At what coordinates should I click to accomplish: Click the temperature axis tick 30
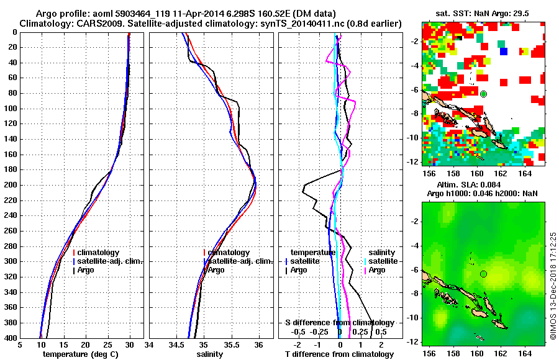(130, 345)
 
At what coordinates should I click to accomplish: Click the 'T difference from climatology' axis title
(339, 354)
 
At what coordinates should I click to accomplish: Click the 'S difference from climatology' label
(339, 323)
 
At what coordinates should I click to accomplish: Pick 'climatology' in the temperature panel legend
(98, 253)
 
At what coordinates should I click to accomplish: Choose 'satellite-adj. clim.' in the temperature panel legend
(109, 261)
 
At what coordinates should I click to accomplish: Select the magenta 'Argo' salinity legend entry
(376, 270)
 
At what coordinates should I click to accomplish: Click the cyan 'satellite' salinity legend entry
(381, 261)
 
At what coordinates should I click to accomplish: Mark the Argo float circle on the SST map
(483, 94)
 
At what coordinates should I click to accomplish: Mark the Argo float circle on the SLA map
(483, 274)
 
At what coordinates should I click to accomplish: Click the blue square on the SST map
(504, 51)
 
